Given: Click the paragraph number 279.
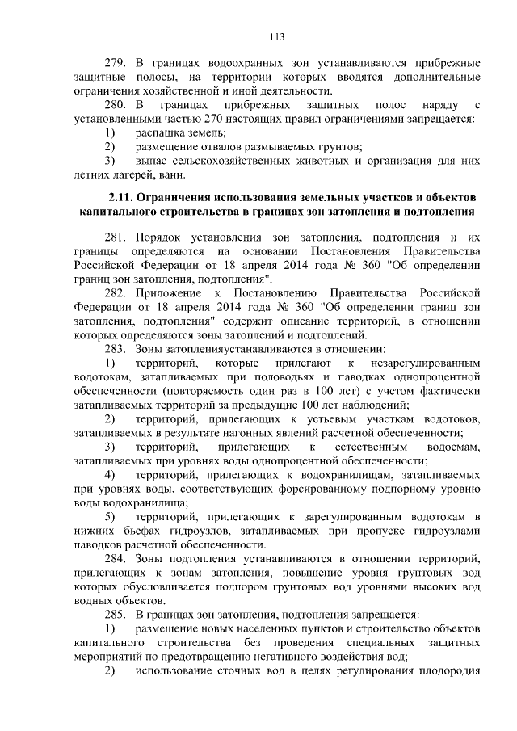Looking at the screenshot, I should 117,62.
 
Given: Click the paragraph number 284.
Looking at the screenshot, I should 117,559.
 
